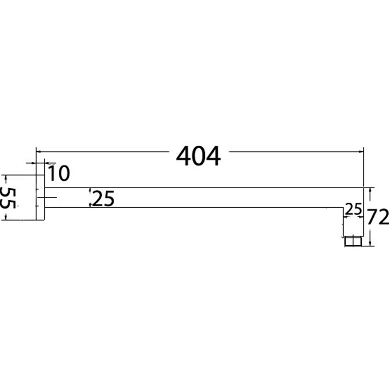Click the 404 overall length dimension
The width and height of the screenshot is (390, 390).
click(x=198, y=156)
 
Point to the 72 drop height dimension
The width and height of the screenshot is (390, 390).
click(x=378, y=217)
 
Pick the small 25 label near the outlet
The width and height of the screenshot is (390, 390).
click(x=353, y=210)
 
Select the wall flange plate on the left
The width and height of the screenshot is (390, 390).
click(x=40, y=197)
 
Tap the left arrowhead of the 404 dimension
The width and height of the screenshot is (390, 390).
click(x=38, y=152)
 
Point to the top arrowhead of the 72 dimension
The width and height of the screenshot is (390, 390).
click(x=370, y=190)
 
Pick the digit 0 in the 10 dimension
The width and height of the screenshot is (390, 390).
click(x=64, y=173)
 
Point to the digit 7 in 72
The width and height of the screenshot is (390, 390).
click(x=373, y=217)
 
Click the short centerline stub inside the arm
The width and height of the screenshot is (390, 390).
click(x=50, y=197)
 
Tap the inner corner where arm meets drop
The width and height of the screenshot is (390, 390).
click(x=343, y=207)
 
